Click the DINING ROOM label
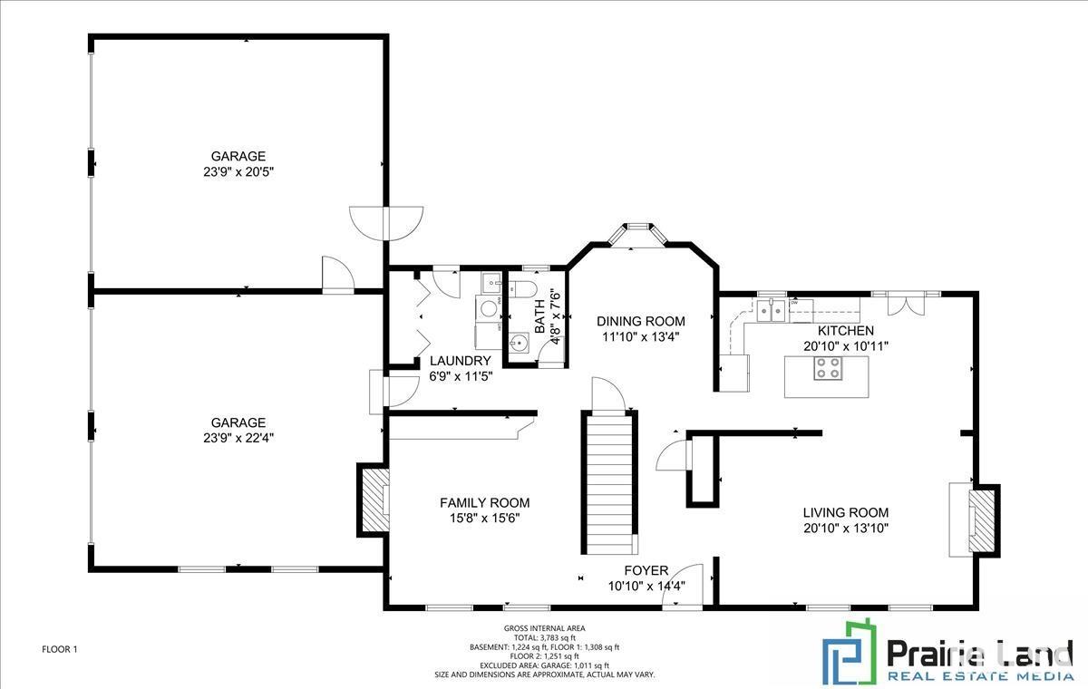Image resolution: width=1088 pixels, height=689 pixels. pyautogui.click(x=641, y=321)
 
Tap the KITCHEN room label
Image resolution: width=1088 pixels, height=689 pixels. pyautogui.click(x=846, y=331)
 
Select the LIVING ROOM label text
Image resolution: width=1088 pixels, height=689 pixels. pyautogui.click(x=846, y=513)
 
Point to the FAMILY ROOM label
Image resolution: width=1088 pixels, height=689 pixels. pyautogui.click(x=485, y=503)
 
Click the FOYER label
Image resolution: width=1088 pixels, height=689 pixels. pyautogui.click(x=646, y=570)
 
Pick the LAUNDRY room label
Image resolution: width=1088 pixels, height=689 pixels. pyautogui.click(x=460, y=361)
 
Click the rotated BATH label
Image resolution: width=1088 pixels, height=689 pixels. pyautogui.click(x=539, y=316)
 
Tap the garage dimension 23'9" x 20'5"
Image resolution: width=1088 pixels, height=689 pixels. pyautogui.click(x=238, y=172)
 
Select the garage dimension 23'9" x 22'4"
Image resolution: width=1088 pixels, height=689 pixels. pyautogui.click(x=238, y=438)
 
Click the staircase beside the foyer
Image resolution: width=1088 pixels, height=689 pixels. pyautogui.click(x=609, y=483)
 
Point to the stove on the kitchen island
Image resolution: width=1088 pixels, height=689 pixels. pyautogui.click(x=828, y=368)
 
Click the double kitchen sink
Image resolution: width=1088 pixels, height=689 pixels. pyautogui.click(x=771, y=310)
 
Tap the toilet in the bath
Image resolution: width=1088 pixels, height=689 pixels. pyautogui.click(x=522, y=289)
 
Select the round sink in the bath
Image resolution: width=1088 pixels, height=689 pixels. pyautogui.click(x=519, y=342)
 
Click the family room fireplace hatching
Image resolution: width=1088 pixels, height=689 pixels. pyautogui.click(x=373, y=500)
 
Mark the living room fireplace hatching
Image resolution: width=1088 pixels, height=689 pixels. pyautogui.click(x=982, y=521)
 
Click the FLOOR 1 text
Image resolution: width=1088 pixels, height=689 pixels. pyautogui.click(x=60, y=649)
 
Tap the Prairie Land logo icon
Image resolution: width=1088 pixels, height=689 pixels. pyautogui.click(x=850, y=652)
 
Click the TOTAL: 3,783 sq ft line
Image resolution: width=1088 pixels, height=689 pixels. pyautogui.click(x=545, y=637)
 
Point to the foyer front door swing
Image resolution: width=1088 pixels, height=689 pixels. pyautogui.click(x=683, y=585)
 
